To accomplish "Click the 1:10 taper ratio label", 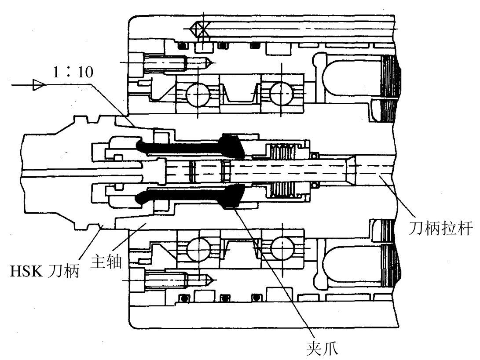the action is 73,72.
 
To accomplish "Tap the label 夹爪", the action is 322,348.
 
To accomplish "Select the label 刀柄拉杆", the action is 440,228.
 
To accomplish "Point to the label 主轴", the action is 106,262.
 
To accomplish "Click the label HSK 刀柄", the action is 45,270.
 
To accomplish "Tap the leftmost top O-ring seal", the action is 183,46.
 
